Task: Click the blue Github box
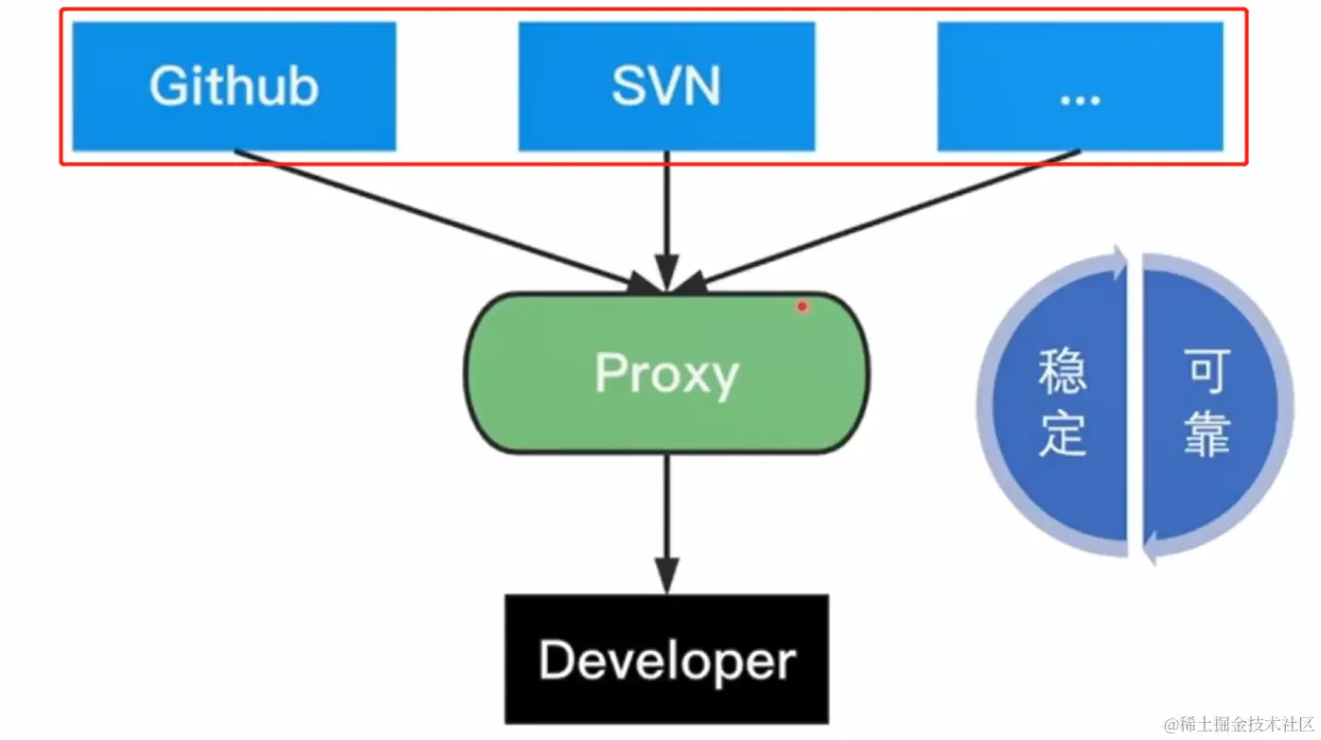click(x=234, y=86)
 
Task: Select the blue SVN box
click(x=666, y=86)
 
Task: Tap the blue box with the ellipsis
click(x=1080, y=86)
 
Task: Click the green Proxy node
click(x=666, y=374)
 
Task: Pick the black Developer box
click(x=666, y=660)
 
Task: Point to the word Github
click(x=234, y=86)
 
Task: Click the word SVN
click(x=666, y=86)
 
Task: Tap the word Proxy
click(x=666, y=375)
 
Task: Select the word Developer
click(x=666, y=661)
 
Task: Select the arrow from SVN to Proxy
click(x=667, y=218)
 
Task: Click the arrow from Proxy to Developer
click(x=667, y=520)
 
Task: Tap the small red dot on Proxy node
click(x=801, y=306)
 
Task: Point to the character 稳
click(x=1062, y=372)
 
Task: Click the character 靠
click(x=1207, y=437)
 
